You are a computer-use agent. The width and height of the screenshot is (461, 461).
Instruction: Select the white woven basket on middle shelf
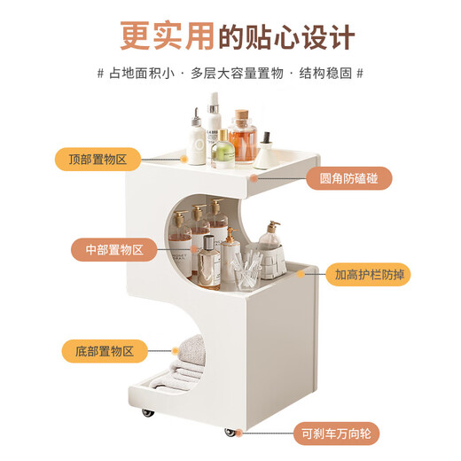pos(275,257)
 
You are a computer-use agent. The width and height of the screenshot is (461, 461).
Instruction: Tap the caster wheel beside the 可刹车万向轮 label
pos(231,432)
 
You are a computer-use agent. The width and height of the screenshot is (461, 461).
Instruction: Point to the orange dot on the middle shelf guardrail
pos(304,274)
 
